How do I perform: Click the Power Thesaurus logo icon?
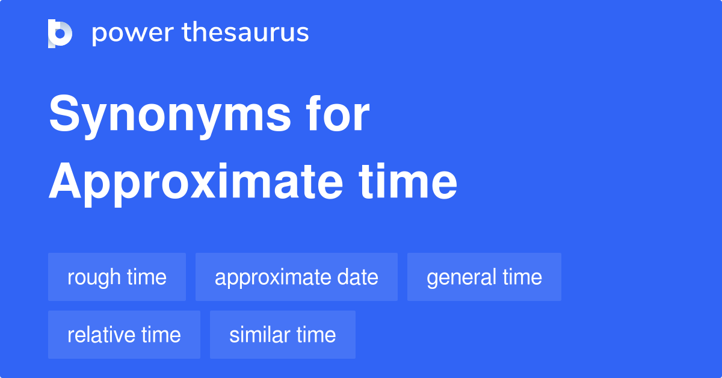point(60,33)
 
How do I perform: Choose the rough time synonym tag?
point(117,277)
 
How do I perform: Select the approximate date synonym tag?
point(296,277)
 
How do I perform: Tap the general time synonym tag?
point(484,277)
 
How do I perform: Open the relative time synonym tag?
point(124,335)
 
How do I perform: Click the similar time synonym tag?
point(282,335)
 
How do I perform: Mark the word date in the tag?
point(359,277)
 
